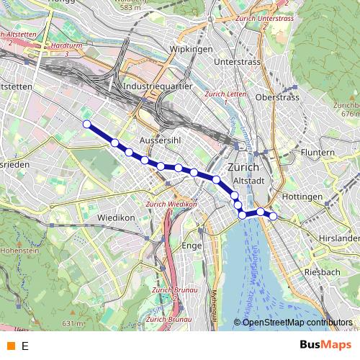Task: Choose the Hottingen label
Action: pyautogui.click(x=302, y=197)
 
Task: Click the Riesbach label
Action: pyautogui.click(x=322, y=271)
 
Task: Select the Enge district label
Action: pyautogui.click(x=193, y=246)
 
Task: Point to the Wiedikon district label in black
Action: pyautogui.click(x=116, y=217)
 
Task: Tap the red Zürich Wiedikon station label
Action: pyautogui.click(x=171, y=204)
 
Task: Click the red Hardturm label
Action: pyautogui.click(x=68, y=45)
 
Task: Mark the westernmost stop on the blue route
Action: pyautogui.click(x=87, y=125)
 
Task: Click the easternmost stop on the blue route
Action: pyautogui.click(x=274, y=216)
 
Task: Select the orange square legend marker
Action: pyautogui.click(x=10, y=346)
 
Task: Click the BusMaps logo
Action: pyautogui.click(x=320, y=346)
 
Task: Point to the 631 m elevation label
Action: pyautogui.click(x=73, y=324)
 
